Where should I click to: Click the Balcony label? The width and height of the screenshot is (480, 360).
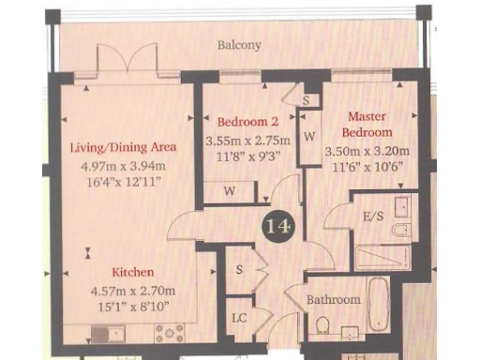click(x=239, y=44)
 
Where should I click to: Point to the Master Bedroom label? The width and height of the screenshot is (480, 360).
click(x=367, y=124)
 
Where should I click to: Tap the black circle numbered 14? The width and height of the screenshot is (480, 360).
click(x=278, y=226)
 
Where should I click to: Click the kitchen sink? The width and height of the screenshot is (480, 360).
click(x=103, y=331)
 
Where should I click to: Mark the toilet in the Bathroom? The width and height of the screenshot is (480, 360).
click(x=322, y=325)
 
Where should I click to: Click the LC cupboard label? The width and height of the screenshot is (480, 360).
click(x=240, y=318)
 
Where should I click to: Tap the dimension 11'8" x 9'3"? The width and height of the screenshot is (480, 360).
click(x=248, y=158)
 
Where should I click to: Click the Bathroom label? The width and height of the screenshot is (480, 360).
click(x=334, y=299)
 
